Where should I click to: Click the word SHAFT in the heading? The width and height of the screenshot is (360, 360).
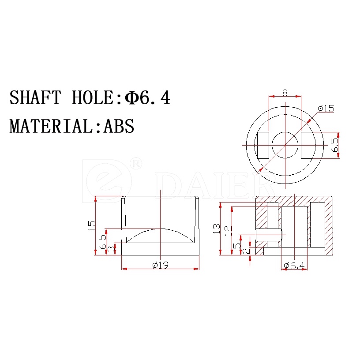35,97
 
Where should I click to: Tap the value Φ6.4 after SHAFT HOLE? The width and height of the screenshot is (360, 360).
147,97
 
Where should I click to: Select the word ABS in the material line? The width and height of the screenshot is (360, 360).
119,126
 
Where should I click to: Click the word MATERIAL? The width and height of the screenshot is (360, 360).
51,126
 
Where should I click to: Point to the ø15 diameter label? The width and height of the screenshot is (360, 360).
326,109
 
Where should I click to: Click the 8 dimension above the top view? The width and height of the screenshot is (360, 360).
285,93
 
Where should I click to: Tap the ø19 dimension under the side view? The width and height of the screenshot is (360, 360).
160,265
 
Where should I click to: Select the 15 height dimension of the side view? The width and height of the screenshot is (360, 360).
92,225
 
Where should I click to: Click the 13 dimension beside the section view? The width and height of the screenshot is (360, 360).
217,229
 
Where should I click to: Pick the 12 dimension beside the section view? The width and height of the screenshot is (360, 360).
228,230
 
